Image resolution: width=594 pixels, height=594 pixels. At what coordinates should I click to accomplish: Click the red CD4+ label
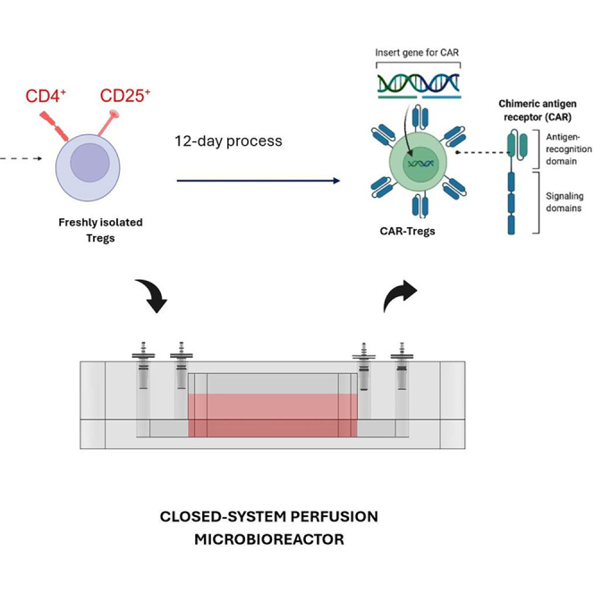tap(46, 96)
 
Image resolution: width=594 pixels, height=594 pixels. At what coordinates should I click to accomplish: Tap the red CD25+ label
tap(125, 96)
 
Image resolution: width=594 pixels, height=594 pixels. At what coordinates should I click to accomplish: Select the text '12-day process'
tap(228, 141)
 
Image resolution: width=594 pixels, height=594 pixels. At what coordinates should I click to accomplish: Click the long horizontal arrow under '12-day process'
tap(259, 181)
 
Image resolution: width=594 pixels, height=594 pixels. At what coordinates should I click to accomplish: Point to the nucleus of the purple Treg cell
tap(89, 163)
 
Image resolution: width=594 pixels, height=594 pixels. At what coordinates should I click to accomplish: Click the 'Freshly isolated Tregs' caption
tap(100, 230)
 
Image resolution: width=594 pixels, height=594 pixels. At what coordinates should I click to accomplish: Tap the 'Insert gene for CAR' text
tap(417, 52)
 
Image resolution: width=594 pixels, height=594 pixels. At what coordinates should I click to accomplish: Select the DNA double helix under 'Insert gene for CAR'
tap(419, 83)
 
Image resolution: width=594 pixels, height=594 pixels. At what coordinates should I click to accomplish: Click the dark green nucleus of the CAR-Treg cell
tap(420, 164)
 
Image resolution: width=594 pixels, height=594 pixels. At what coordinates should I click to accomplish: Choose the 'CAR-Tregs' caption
tap(408, 231)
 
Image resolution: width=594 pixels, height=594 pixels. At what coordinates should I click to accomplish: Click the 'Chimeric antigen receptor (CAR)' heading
tap(538, 110)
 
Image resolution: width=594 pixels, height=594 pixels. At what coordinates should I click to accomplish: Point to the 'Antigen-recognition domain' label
tap(569, 148)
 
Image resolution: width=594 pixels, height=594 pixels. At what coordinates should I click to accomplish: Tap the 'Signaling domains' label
tap(564, 202)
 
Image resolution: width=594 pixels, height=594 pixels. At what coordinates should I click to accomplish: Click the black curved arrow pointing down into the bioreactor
tap(154, 296)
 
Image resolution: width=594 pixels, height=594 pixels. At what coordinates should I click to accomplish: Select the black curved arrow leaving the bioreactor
tap(398, 294)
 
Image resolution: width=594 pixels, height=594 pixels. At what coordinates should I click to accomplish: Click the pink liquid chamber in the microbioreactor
tap(272, 415)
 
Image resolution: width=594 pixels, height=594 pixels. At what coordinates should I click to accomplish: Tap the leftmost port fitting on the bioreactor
tap(143, 365)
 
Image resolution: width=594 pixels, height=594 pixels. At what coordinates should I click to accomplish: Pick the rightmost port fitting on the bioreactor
tap(402, 366)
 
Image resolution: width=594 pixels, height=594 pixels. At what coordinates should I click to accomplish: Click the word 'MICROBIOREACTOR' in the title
tap(269, 539)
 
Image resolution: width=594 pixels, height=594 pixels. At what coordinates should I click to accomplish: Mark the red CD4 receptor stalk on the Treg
tap(55, 126)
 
